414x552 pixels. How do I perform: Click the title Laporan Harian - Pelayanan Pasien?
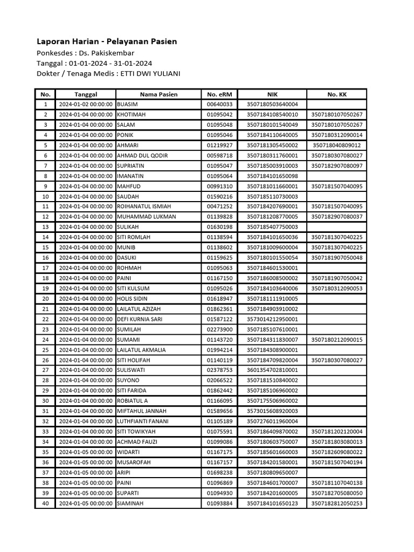107,42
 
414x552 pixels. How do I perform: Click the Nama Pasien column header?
158,94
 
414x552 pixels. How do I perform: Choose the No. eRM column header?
219,94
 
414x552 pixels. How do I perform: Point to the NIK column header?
272,94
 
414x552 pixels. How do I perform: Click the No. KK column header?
337,94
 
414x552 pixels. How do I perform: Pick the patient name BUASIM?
127,105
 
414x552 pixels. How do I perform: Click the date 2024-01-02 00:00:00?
85,105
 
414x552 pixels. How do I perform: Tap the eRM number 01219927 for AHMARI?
219,146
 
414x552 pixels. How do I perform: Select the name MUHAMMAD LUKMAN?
146,217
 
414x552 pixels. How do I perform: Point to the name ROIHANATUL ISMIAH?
144,206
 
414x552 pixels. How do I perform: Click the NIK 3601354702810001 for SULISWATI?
272,370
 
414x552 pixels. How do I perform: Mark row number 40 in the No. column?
45,503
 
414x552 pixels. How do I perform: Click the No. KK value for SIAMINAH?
337,503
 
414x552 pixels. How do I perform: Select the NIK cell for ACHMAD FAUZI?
272,442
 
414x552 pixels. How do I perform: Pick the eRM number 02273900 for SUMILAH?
219,329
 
